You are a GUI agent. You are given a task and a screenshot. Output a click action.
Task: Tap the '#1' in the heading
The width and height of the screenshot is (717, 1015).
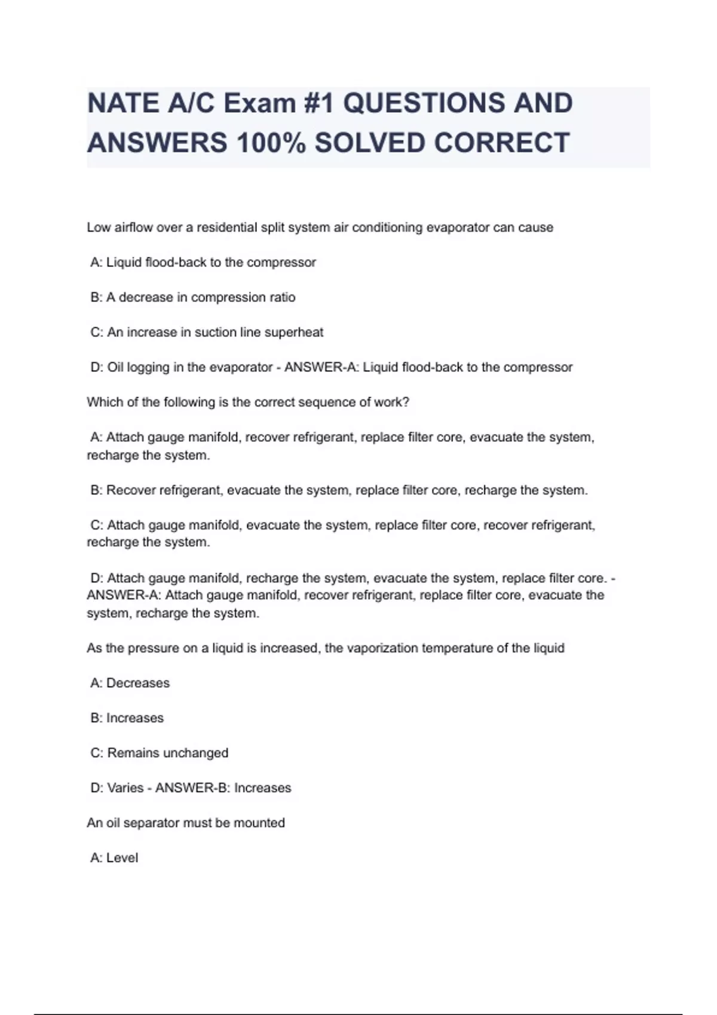[318, 103]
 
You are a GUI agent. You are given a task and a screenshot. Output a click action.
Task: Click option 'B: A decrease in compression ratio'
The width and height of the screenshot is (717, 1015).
[193, 297]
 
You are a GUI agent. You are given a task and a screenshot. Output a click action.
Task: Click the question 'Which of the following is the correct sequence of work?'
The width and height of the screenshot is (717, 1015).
[248, 402]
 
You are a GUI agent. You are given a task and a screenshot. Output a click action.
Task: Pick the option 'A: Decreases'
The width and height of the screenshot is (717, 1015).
[130, 683]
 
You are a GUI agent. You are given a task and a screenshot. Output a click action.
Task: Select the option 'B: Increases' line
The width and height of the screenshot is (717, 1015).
[127, 718]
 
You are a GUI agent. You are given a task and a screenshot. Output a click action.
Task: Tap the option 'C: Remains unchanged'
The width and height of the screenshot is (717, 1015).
[160, 753]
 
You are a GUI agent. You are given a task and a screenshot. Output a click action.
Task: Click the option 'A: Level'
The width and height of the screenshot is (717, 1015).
[114, 858]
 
